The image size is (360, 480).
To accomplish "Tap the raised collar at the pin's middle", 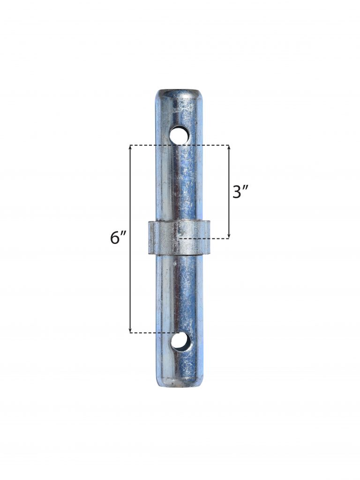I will point(179,237).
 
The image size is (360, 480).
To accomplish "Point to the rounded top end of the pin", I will point(179,94).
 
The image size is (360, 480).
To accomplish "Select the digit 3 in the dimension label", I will point(238,192).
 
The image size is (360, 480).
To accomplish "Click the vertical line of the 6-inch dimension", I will point(130,281).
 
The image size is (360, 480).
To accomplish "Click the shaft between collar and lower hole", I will point(179,290).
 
